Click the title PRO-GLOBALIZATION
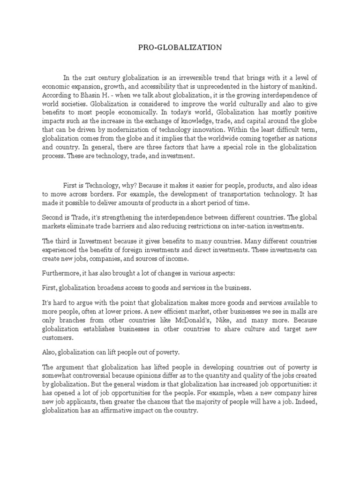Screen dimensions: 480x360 180,47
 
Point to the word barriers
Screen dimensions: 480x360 143,226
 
